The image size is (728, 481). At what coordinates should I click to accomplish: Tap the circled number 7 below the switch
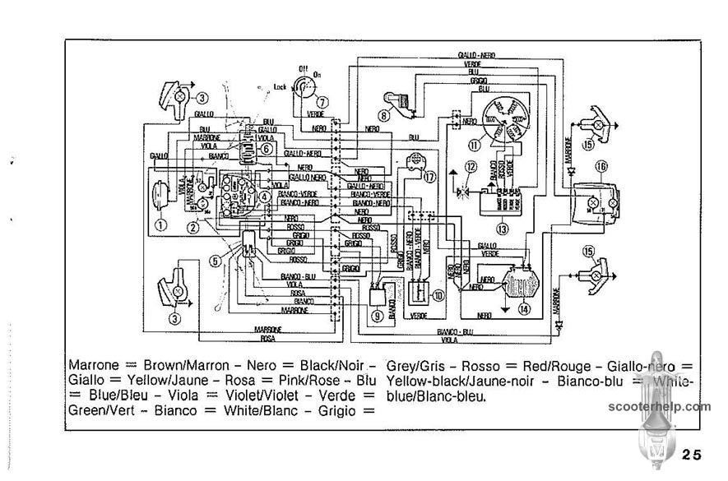(x=322, y=102)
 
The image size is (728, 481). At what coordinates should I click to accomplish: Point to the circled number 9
(x=377, y=315)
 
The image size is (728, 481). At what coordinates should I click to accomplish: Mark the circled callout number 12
(x=471, y=167)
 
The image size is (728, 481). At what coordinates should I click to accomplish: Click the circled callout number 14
(x=524, y=310)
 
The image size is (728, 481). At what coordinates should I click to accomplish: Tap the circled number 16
(x=601, y=166)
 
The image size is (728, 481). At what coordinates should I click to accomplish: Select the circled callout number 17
(x=429, y=176)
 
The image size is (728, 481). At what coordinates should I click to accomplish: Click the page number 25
(x=691, y=455)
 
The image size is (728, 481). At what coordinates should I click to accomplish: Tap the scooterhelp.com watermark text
(x=660, y=406)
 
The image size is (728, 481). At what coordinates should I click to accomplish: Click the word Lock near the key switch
(x=280, y=86)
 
